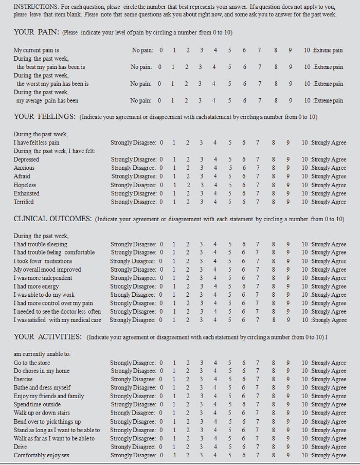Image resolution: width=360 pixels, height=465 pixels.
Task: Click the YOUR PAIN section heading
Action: pyautogui.click(x=35, y=32)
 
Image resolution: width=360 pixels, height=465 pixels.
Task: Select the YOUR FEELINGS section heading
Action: pyautogui.click(x=45, y=117)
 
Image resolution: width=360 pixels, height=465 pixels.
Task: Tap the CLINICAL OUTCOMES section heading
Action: pyautogui.click(x=52, y=219)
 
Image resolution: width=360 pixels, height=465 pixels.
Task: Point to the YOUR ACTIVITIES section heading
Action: pyautogui.click(x=48, y=337)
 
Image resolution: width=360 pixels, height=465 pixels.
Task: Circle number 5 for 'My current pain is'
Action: pyautogui.click(x=229, y=50)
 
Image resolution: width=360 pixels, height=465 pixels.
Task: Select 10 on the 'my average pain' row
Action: pyautogui.click(x=307, y=101)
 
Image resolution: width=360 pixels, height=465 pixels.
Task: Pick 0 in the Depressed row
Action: pyautogui.click(x=161, y=160)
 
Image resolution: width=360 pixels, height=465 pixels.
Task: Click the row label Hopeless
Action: pyautogui.click(x=25, y=185)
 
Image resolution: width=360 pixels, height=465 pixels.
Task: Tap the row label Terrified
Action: pyautogui.click(x=24, y=202)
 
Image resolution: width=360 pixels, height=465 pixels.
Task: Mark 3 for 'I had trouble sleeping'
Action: pyautogui.click(x=202, y=244)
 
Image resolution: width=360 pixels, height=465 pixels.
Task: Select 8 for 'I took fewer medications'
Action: pyautogui.click(x=274, y=261)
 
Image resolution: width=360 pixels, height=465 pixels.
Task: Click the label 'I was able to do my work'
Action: pyautogui.click(x=44, y=295)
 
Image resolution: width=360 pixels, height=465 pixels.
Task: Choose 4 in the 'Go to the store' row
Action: pyautogui.click(x=215, y=363)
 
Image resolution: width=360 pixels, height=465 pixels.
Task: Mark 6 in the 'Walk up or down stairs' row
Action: pyautogui.click(x=244, y=413)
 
